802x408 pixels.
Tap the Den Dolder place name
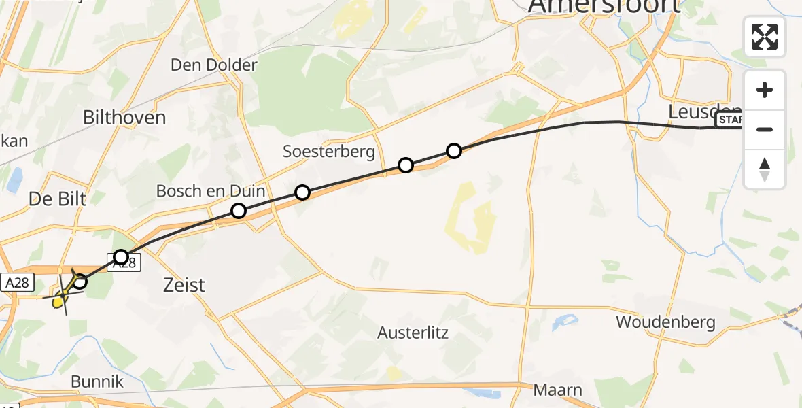[x=214, y=65]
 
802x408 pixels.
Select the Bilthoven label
[x=124, y=117]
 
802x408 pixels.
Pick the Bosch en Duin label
[x=211, y=191]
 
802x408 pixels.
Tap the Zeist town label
[x=184, y=284]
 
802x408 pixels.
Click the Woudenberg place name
[x=665, y=322]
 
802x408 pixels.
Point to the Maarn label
[x=558, y=390]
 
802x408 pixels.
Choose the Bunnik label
[x=98, y=381]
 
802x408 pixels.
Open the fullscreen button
[x=765, y=37]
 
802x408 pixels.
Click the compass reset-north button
[x=765, y=169]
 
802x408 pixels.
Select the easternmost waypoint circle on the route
[x=454, y=150]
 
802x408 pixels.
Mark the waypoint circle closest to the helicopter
[x=80, y=282]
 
